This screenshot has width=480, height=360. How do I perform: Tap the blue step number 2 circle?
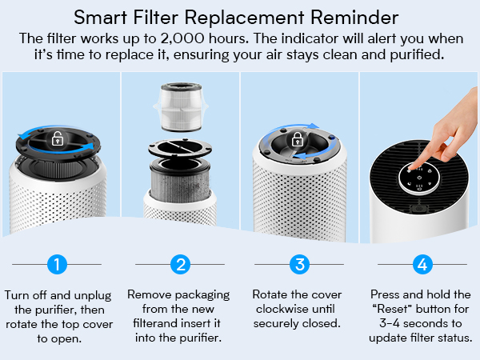tap(180, 263)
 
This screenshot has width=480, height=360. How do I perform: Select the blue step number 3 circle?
tap(300, 263)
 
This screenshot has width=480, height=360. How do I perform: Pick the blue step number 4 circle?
tap(422, 263)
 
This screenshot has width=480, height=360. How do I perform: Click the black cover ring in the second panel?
tap(179, 151)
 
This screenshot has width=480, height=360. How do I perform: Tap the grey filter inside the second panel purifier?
tap(179, 180)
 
